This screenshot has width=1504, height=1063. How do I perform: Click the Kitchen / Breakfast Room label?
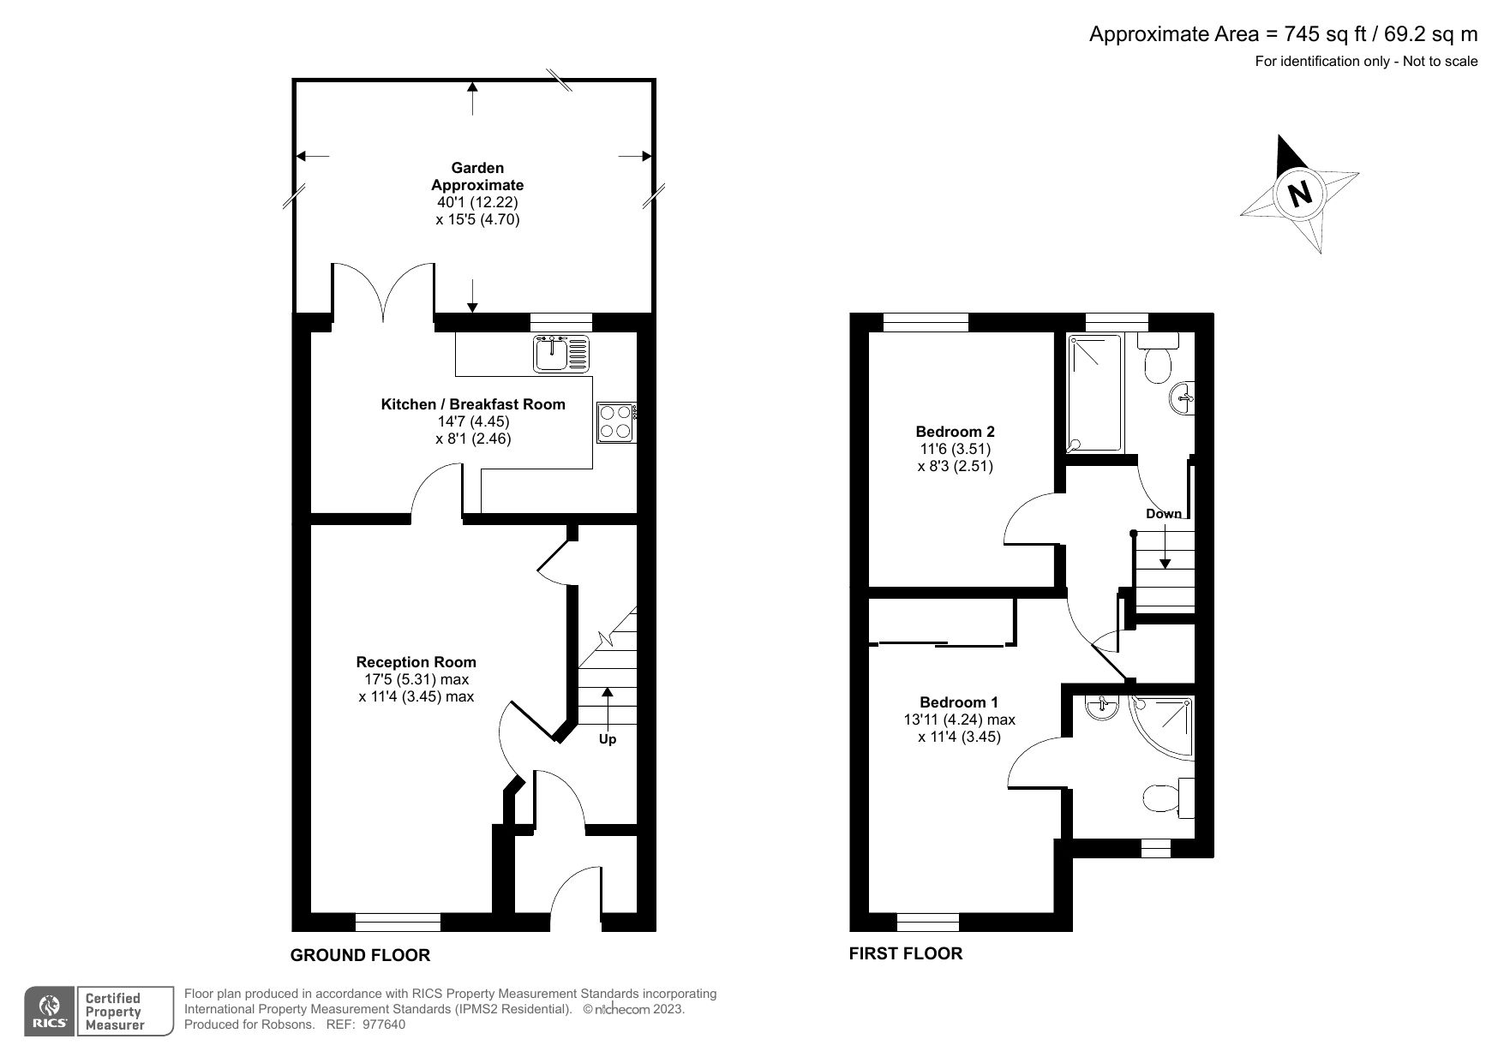473,404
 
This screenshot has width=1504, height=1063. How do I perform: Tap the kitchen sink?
561,354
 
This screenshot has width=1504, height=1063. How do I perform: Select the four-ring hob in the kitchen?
615,421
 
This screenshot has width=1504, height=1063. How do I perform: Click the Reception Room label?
416,662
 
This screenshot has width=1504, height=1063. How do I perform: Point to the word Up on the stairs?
607,739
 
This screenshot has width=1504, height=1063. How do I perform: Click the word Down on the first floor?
1164,514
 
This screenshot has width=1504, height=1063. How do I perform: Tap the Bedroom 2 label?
956,432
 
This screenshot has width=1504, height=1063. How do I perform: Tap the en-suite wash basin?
1100,708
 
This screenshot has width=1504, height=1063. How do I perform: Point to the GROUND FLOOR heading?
360,955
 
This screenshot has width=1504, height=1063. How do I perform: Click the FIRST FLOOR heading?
906,953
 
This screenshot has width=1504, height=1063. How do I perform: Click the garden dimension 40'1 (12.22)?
477,202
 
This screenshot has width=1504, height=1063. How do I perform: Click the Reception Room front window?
398,922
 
